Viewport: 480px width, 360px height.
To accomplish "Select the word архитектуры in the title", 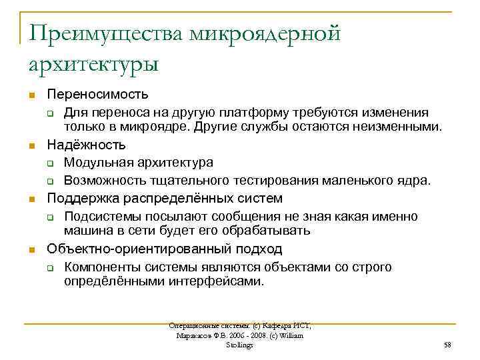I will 93,65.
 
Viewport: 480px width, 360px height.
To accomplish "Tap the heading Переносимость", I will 97,95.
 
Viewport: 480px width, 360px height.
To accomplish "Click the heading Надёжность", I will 85,145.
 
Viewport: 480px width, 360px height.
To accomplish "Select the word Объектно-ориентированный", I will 125,249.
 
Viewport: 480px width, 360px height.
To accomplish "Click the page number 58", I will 447,345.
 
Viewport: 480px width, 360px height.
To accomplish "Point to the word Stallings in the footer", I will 240,345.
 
